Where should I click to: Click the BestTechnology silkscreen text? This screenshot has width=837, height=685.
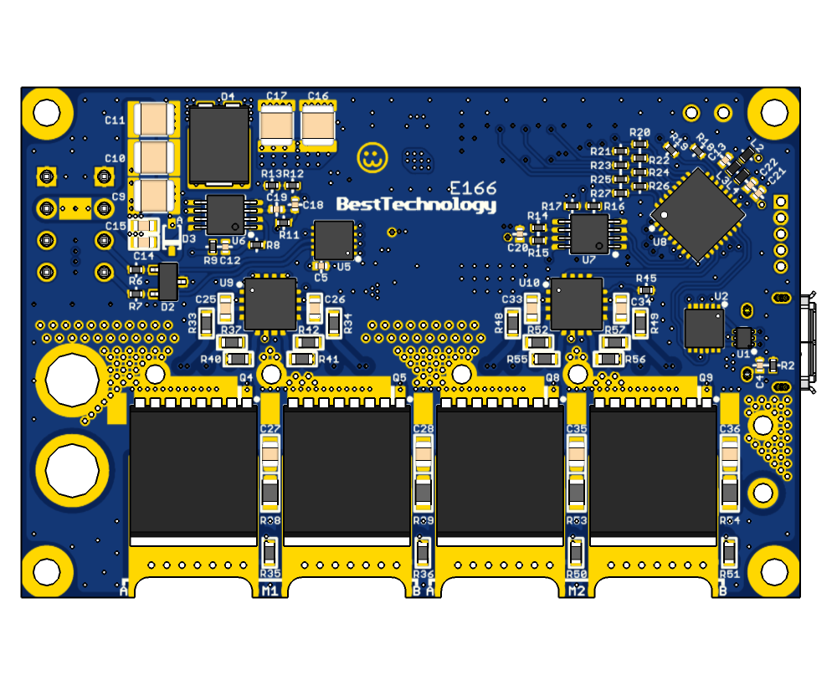click(416, 205)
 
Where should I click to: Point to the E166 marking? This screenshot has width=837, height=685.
click(473, 188)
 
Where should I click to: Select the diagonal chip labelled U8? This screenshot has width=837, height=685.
click(697, 214)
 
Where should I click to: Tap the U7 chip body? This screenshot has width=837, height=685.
click(589, 233)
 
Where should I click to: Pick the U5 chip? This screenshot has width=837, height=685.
click(334, 240)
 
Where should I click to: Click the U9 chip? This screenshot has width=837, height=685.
click(270, 304)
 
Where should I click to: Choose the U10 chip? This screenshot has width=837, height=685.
click(577, 304)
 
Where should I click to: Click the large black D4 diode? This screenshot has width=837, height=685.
click(219, 145)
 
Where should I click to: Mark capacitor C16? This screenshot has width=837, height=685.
click(318, 126)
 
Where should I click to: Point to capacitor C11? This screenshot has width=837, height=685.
click(153, 119)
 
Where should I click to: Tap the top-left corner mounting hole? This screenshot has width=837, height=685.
click(47, 112)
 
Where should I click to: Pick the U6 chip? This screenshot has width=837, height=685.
click(225, 214)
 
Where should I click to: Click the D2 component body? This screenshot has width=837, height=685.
click(167, 282)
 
